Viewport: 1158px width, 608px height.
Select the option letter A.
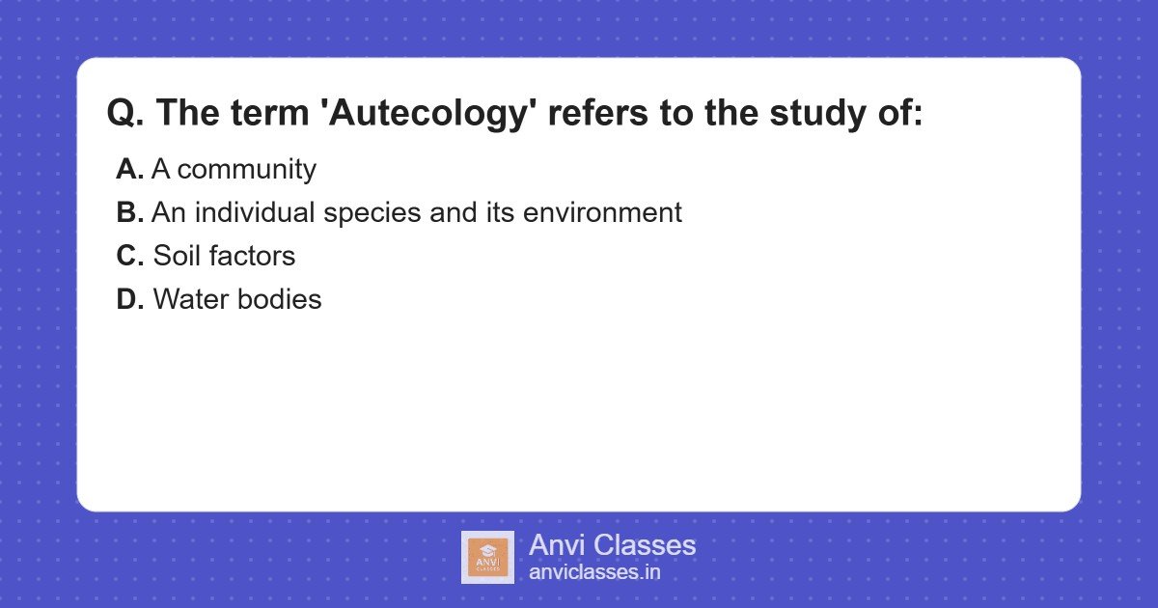click(130, 170)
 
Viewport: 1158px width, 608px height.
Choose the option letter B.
click(130, 212)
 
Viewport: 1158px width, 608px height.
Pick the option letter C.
click(130, 256)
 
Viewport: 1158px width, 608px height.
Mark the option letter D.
click(130, 299)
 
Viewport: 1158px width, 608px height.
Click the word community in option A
click(247, 170)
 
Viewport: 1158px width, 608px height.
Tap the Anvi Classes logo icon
click(487, 557)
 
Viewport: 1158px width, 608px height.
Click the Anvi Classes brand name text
click(612, 545)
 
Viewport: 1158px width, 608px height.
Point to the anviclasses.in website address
click(594, 571)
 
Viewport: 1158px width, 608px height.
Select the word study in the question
click(819, 114)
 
